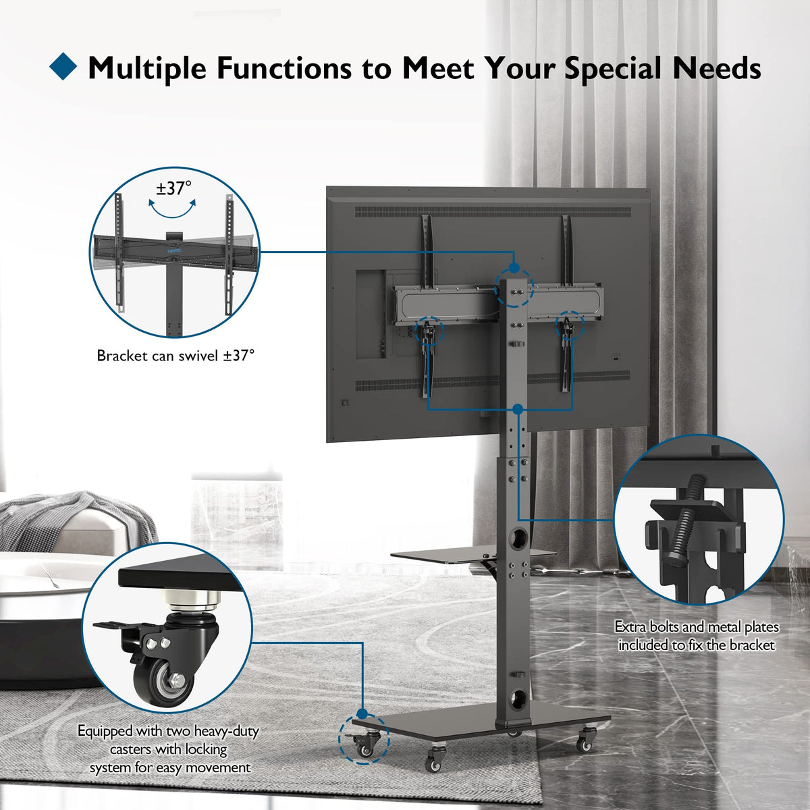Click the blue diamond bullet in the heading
click(x=63, y=66)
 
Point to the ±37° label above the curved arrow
click(x=173, y=188)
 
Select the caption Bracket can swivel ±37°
click(x=175, y=356)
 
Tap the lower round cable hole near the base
click(x=517, y=699)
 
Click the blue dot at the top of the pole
click(x=513, y=268)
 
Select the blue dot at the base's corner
click(x=362, y=713)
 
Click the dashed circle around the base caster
click(x=364, y=739)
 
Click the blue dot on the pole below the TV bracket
click(x=518, y=408)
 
